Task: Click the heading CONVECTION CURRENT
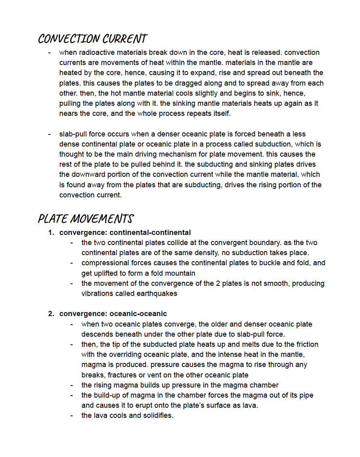[x=92, y=39]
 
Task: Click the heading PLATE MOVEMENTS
[x=86, y=219]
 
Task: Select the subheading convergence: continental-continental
[x=125, y=233]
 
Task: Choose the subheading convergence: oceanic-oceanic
[x=113, y=314]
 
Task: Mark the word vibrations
[x=97, y=293]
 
